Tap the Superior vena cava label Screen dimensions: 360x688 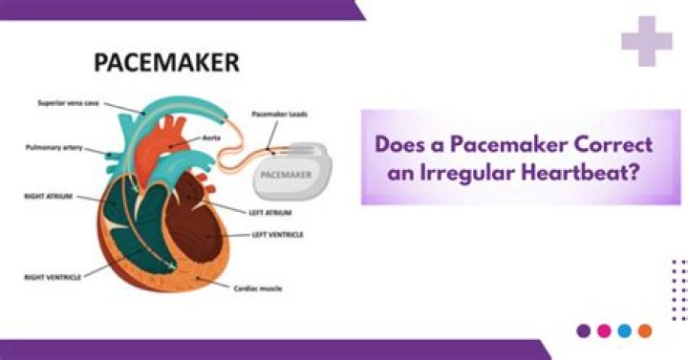[67, 102]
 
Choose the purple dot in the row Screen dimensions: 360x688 [584, 330]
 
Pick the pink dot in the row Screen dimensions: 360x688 [604, 330]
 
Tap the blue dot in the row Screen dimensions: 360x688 [624, 330]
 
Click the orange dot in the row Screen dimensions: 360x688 [645, 330]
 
